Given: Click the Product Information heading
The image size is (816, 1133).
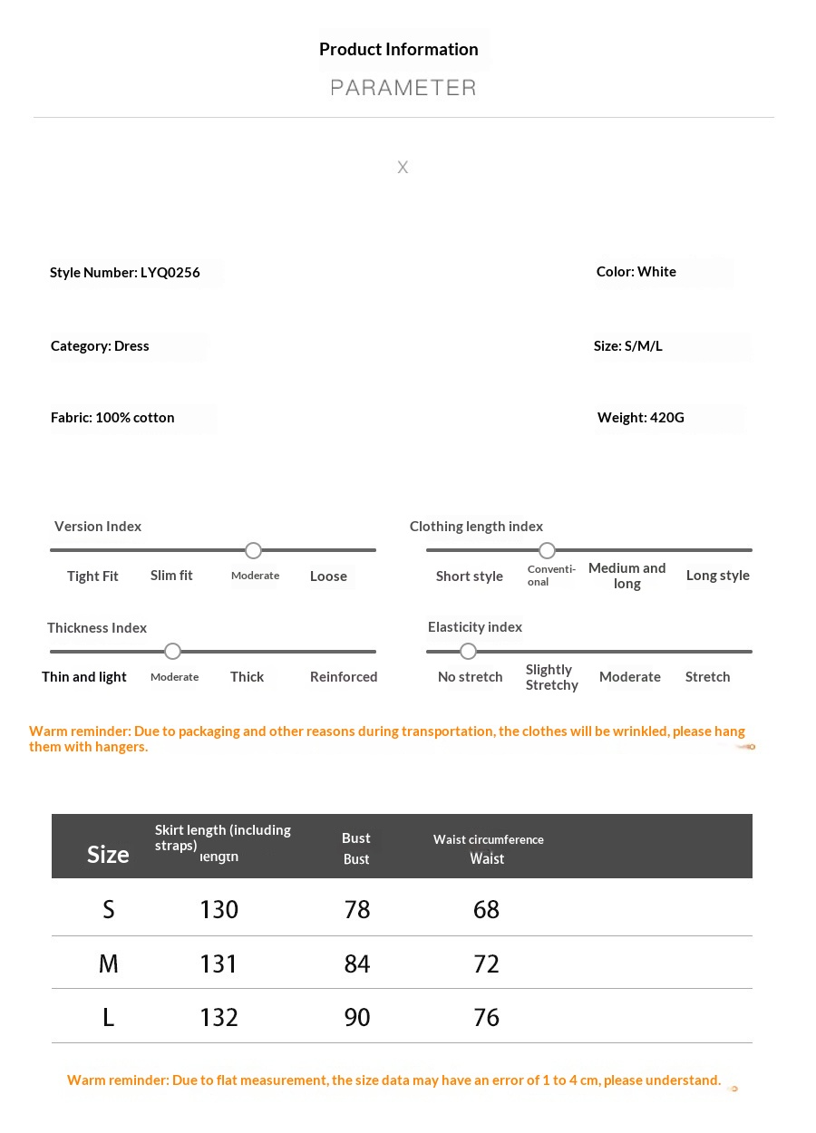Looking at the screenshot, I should (399, 50).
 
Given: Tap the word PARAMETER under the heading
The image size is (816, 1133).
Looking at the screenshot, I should (403, 88).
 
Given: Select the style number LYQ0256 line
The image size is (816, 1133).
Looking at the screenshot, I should (125, 273).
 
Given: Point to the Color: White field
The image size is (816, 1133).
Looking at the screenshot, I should (636, 272).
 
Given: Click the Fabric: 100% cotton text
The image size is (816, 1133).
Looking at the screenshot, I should (112, 418).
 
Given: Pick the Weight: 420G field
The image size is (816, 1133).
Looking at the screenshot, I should (641, 418).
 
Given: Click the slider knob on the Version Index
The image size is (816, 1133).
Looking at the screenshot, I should (254, 551).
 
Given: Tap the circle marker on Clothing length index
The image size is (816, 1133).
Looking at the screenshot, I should (547, 551).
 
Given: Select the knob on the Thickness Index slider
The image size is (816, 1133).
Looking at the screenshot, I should (173, 652).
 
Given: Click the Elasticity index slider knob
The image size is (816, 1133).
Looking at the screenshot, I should (468, 652).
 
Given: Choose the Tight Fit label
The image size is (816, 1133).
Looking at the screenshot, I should (92, 576).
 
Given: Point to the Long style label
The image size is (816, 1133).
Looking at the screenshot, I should (718, 576).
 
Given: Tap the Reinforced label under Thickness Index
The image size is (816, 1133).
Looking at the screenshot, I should (344, 677).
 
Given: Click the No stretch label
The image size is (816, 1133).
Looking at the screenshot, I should (470, 677).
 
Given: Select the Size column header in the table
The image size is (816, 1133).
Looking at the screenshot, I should (108, 855).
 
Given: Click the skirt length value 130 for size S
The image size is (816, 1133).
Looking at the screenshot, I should (219, 910).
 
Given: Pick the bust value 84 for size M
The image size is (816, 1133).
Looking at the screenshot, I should (357, 964).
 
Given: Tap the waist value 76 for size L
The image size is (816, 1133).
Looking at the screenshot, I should (487, 1018).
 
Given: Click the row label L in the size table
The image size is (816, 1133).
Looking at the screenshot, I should (109, 1018).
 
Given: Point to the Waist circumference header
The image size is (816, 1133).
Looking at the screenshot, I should (489, 840).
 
